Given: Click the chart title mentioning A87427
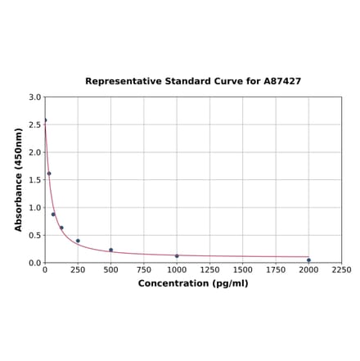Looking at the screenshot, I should point(193,82).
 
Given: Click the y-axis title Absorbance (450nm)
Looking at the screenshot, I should point(19,179).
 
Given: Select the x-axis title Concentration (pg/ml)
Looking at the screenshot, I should point(193,283).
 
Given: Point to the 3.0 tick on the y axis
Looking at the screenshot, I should point(35,97).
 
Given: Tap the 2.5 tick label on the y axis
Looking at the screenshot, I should point(35,125).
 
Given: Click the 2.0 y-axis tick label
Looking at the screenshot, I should point(35,152).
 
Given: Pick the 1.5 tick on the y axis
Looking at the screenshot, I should point(35,180).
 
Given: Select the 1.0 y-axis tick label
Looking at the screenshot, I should point(35,208).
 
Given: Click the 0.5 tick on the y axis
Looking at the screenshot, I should point(35,236).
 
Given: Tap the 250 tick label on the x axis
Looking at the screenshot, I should point(78,269).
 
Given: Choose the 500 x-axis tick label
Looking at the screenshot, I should point(110,269).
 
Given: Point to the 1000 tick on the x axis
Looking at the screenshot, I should point(177,269).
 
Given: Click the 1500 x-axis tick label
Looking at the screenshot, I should point(243,269).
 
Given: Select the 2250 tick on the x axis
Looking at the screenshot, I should point(341,269).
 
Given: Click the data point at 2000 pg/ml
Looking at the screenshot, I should point(308,260).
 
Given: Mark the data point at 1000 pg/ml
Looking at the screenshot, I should point(177,256).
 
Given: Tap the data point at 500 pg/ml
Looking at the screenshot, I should point(111,250).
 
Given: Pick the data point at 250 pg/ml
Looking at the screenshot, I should point(78,241).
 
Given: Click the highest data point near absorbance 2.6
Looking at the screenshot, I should point(45,120).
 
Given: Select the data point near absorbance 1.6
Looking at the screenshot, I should point(49,174).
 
